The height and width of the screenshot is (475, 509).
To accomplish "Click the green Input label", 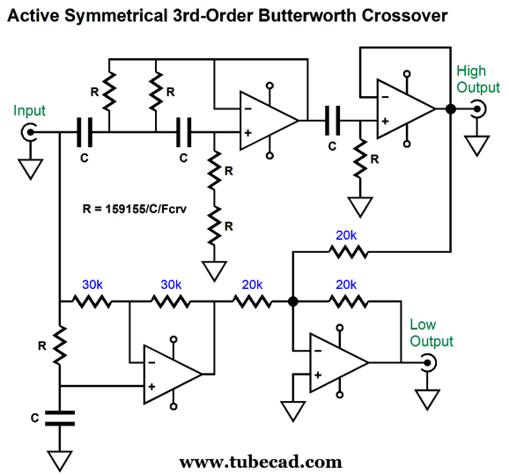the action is pyautogui.click(x=29, y=111).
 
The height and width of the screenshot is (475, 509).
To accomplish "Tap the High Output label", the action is pyautogui.click(x=478, y=79).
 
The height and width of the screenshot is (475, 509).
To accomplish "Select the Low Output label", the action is pyautogui.click(x=432, y=333).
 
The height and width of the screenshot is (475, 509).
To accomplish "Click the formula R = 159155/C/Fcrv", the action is pyautogui.click(x=135, y=209).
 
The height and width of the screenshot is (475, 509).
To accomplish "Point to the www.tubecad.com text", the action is pyautogui.click(x=261, y=462).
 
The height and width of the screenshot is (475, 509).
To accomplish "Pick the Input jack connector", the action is pyautogui.click(x=28, y=132).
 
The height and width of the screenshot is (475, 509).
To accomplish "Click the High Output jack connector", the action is pyautogui.click(x=478, y=109).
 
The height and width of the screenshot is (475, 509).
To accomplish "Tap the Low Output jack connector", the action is pyautogui.click(x=429, y=362).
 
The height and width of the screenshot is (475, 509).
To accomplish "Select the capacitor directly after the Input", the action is pyautogui.click(x=85, y=132).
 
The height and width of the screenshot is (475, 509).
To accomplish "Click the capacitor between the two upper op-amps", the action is pyautogui.click(x=333, y=121).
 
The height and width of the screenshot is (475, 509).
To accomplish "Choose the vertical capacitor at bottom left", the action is pyautogui.click(x=60, y=418).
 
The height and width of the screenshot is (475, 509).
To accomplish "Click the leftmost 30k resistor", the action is pyautogui.click(x=92, y=301).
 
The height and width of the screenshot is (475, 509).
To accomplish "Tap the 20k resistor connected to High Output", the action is pyautogui.click(x=349, y=252).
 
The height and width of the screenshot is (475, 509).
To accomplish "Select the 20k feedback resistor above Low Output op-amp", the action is pyautogui.click(x=349, y=301).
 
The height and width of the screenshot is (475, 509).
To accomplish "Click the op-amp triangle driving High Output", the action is pyautogui.click(x=406, y=109).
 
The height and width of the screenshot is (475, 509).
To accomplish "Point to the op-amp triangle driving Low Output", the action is pyautogui.click(x=339, y=362).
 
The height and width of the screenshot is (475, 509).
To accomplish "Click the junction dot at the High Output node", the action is pyautogui.click(x=451, y=109).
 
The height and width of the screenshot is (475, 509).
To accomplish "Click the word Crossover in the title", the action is pyautogui.click(x=405, y=15).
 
